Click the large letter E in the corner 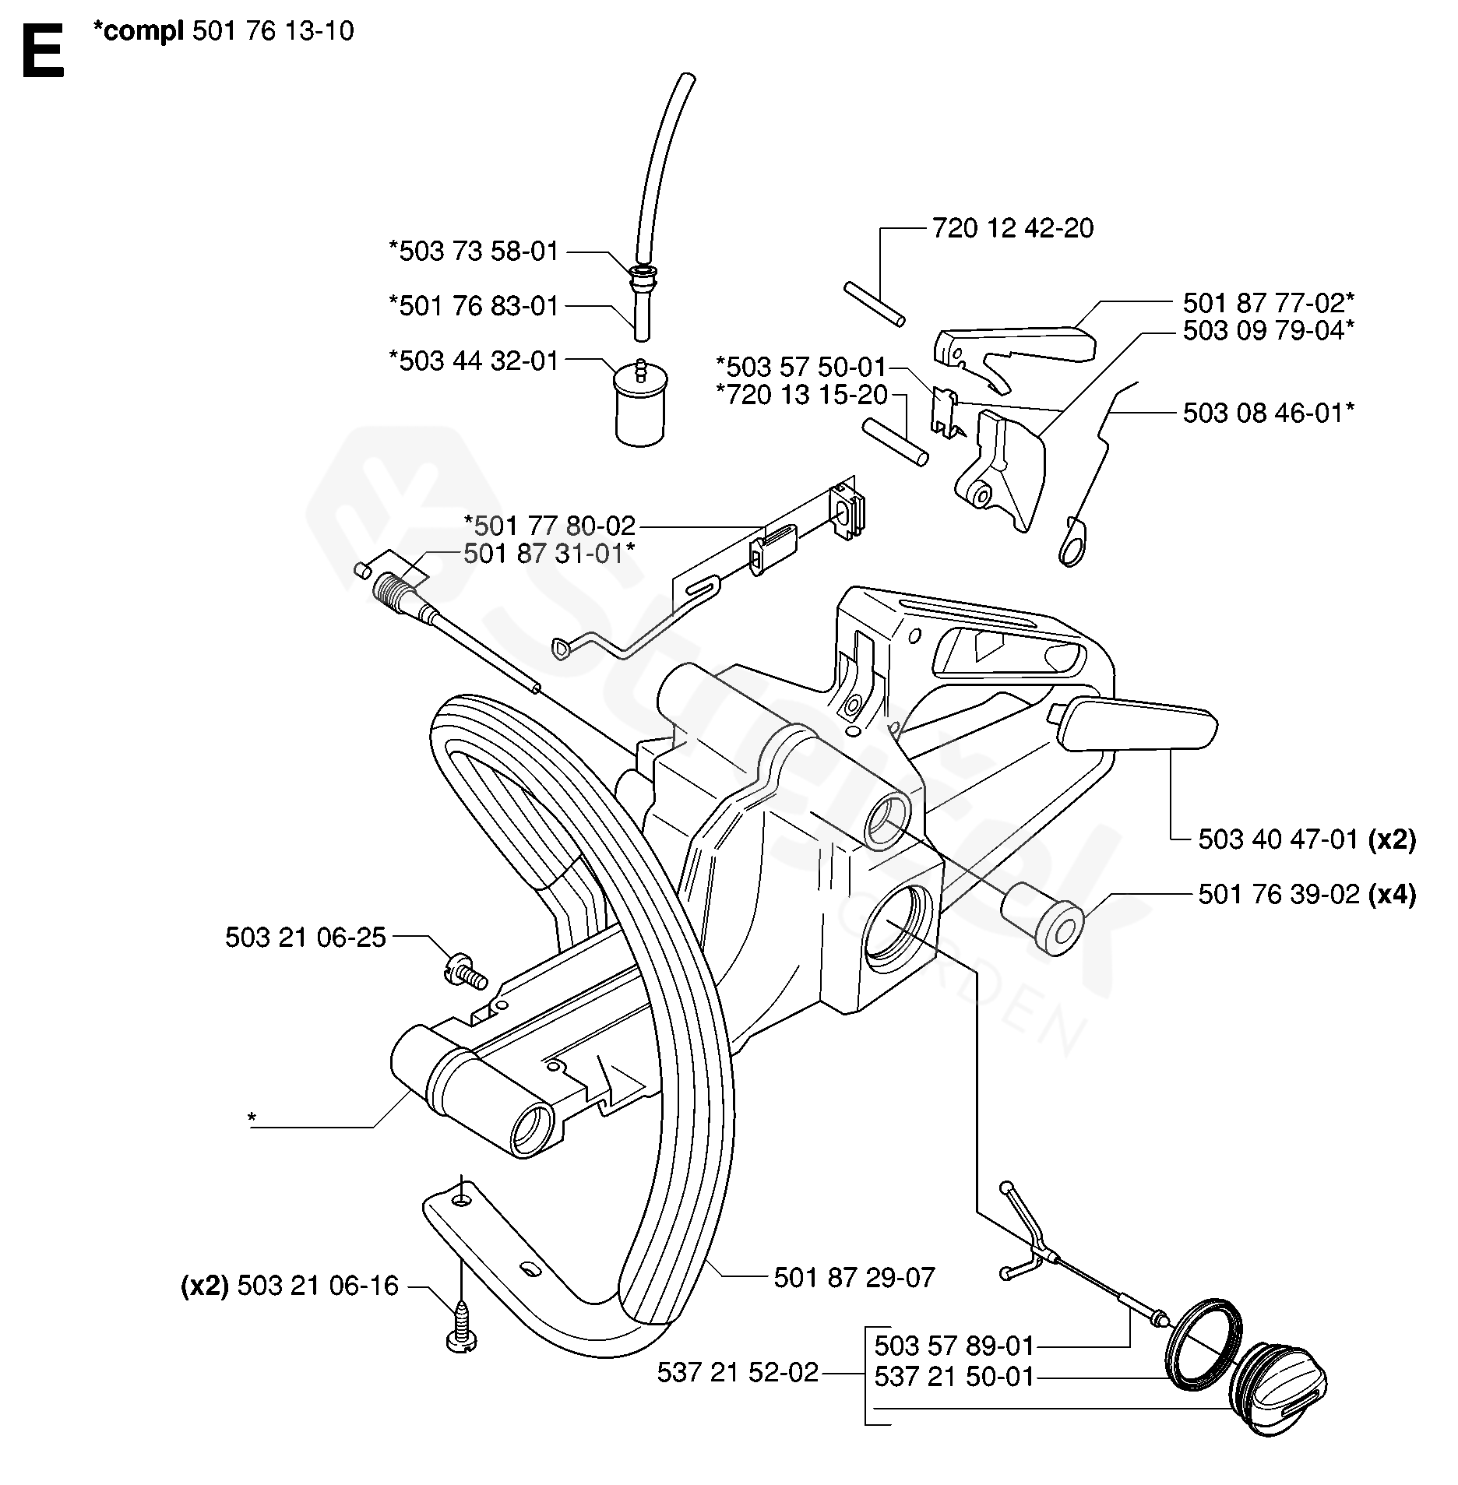[x=43, y=52]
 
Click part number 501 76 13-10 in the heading [x=272, y=31]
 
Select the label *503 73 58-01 [x=474, y=252]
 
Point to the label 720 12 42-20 [x=1012, y=228]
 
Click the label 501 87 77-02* [x=1268, y=302]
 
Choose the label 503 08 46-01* [x=1268, y=413]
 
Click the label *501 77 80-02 [x=550, y=526]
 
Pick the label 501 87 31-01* [x=549, y=554]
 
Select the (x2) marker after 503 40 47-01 [x=1392, y=839]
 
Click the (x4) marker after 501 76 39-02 [x=1392, y=895]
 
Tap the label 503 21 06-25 [x=305, y=938]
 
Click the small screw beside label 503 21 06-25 [x=463, y=973]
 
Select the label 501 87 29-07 [x=854, y=1277]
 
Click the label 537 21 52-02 [x=738, y=1372]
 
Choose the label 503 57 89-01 [x=954, y=1345]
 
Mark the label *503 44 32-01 [x=474, y=361]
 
